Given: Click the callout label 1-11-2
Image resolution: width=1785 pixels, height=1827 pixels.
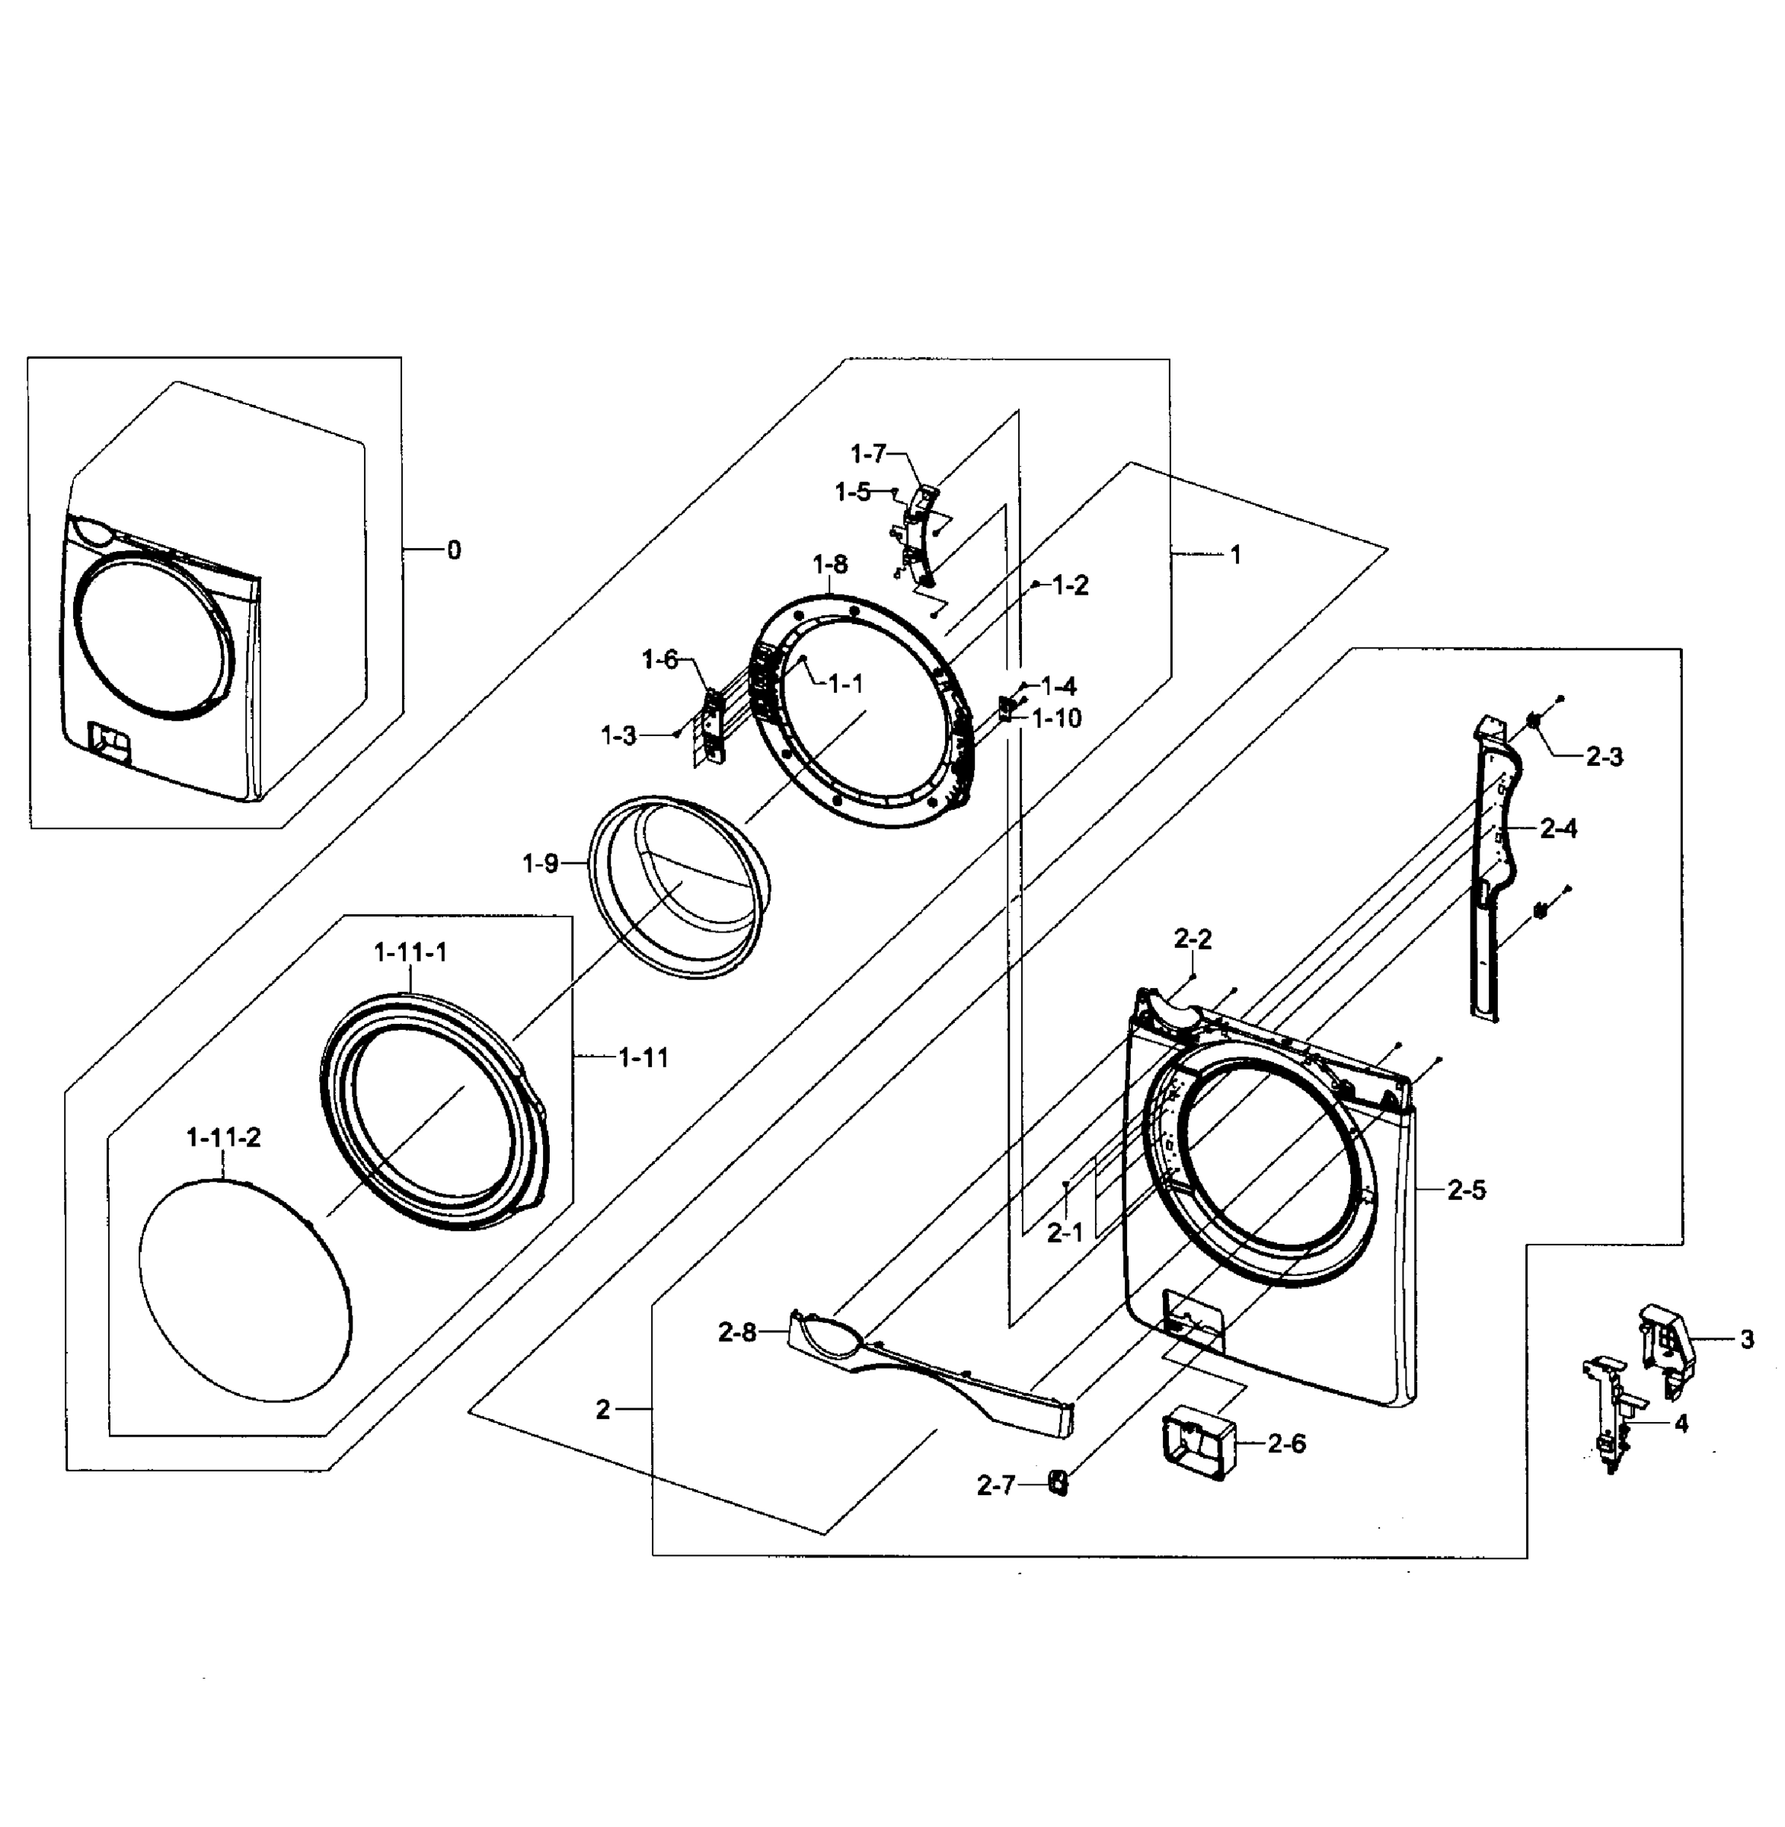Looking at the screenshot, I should coord(223,1138).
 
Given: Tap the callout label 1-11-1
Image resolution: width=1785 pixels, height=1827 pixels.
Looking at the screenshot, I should coord(410,952).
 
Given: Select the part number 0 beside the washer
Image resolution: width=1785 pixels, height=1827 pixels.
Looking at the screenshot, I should coord(454,550).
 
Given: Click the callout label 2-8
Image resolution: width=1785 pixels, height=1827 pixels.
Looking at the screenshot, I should coord(737,1333).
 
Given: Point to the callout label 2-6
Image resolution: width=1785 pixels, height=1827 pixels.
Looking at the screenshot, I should coord(1286,1443).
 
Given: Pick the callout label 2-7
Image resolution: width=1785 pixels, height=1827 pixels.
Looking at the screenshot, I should coord(995,1485).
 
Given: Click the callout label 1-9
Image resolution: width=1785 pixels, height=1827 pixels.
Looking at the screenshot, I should coord(541,863).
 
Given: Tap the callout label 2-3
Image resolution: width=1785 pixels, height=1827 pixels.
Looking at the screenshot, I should coord(1604,757).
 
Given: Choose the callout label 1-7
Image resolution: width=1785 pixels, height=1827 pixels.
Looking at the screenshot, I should coord(868,454).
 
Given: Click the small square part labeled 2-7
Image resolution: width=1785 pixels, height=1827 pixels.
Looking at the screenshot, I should coord(1058,1483).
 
